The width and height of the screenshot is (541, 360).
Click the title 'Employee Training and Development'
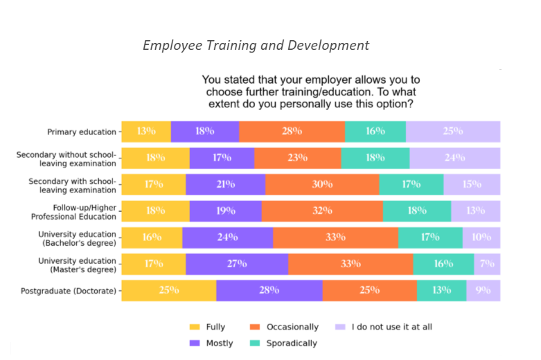[256, 46]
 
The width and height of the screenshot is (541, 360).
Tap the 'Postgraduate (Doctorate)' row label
[69, 291]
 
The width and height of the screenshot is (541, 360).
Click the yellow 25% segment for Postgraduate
[169, 291]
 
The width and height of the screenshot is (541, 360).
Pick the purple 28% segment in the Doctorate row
[269, 291]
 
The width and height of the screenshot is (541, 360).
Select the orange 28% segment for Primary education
[292, 132]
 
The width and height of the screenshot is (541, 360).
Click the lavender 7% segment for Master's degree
[488, 264]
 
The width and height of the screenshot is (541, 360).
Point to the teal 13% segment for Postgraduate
[441, 291]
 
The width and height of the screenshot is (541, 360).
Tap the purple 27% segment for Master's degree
[237, 264]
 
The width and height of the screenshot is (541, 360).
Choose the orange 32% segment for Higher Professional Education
[322, 211]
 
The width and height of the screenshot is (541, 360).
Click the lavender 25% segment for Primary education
[453, 132]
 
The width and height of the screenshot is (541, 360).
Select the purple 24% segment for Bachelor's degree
[227, 237]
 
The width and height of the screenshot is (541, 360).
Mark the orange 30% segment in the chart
[322, 185]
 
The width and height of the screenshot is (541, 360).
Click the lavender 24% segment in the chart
[454, 158]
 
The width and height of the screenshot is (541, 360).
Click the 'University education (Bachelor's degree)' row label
[77, 238]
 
